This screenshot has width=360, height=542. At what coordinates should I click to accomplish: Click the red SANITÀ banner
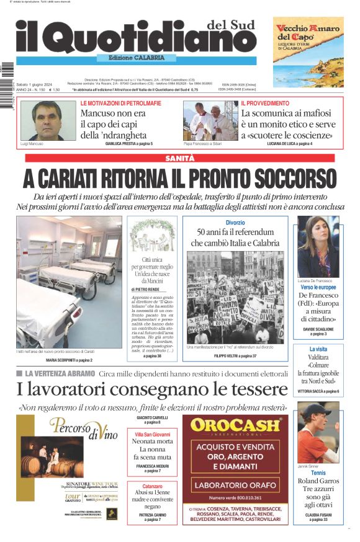tap(179, 159)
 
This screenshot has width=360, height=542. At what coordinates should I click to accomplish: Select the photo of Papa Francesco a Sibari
tap(207, 120)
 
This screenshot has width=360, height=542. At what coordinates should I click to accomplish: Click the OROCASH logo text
tap(239, 425)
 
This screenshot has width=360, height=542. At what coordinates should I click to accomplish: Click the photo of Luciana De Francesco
tap(318, 246)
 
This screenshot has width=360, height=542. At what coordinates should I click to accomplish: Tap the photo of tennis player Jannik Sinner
tap(318, 432)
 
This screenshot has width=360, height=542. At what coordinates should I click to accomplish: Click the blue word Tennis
tap(318, 473)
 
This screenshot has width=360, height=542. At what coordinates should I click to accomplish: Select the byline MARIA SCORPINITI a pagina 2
tap(69, 360)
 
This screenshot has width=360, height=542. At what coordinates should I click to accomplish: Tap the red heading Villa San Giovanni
tap(152, 434)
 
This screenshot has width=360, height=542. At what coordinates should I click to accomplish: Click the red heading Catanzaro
tap(152, 487)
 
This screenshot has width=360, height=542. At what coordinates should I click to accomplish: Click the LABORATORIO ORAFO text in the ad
tap(239, 485)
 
